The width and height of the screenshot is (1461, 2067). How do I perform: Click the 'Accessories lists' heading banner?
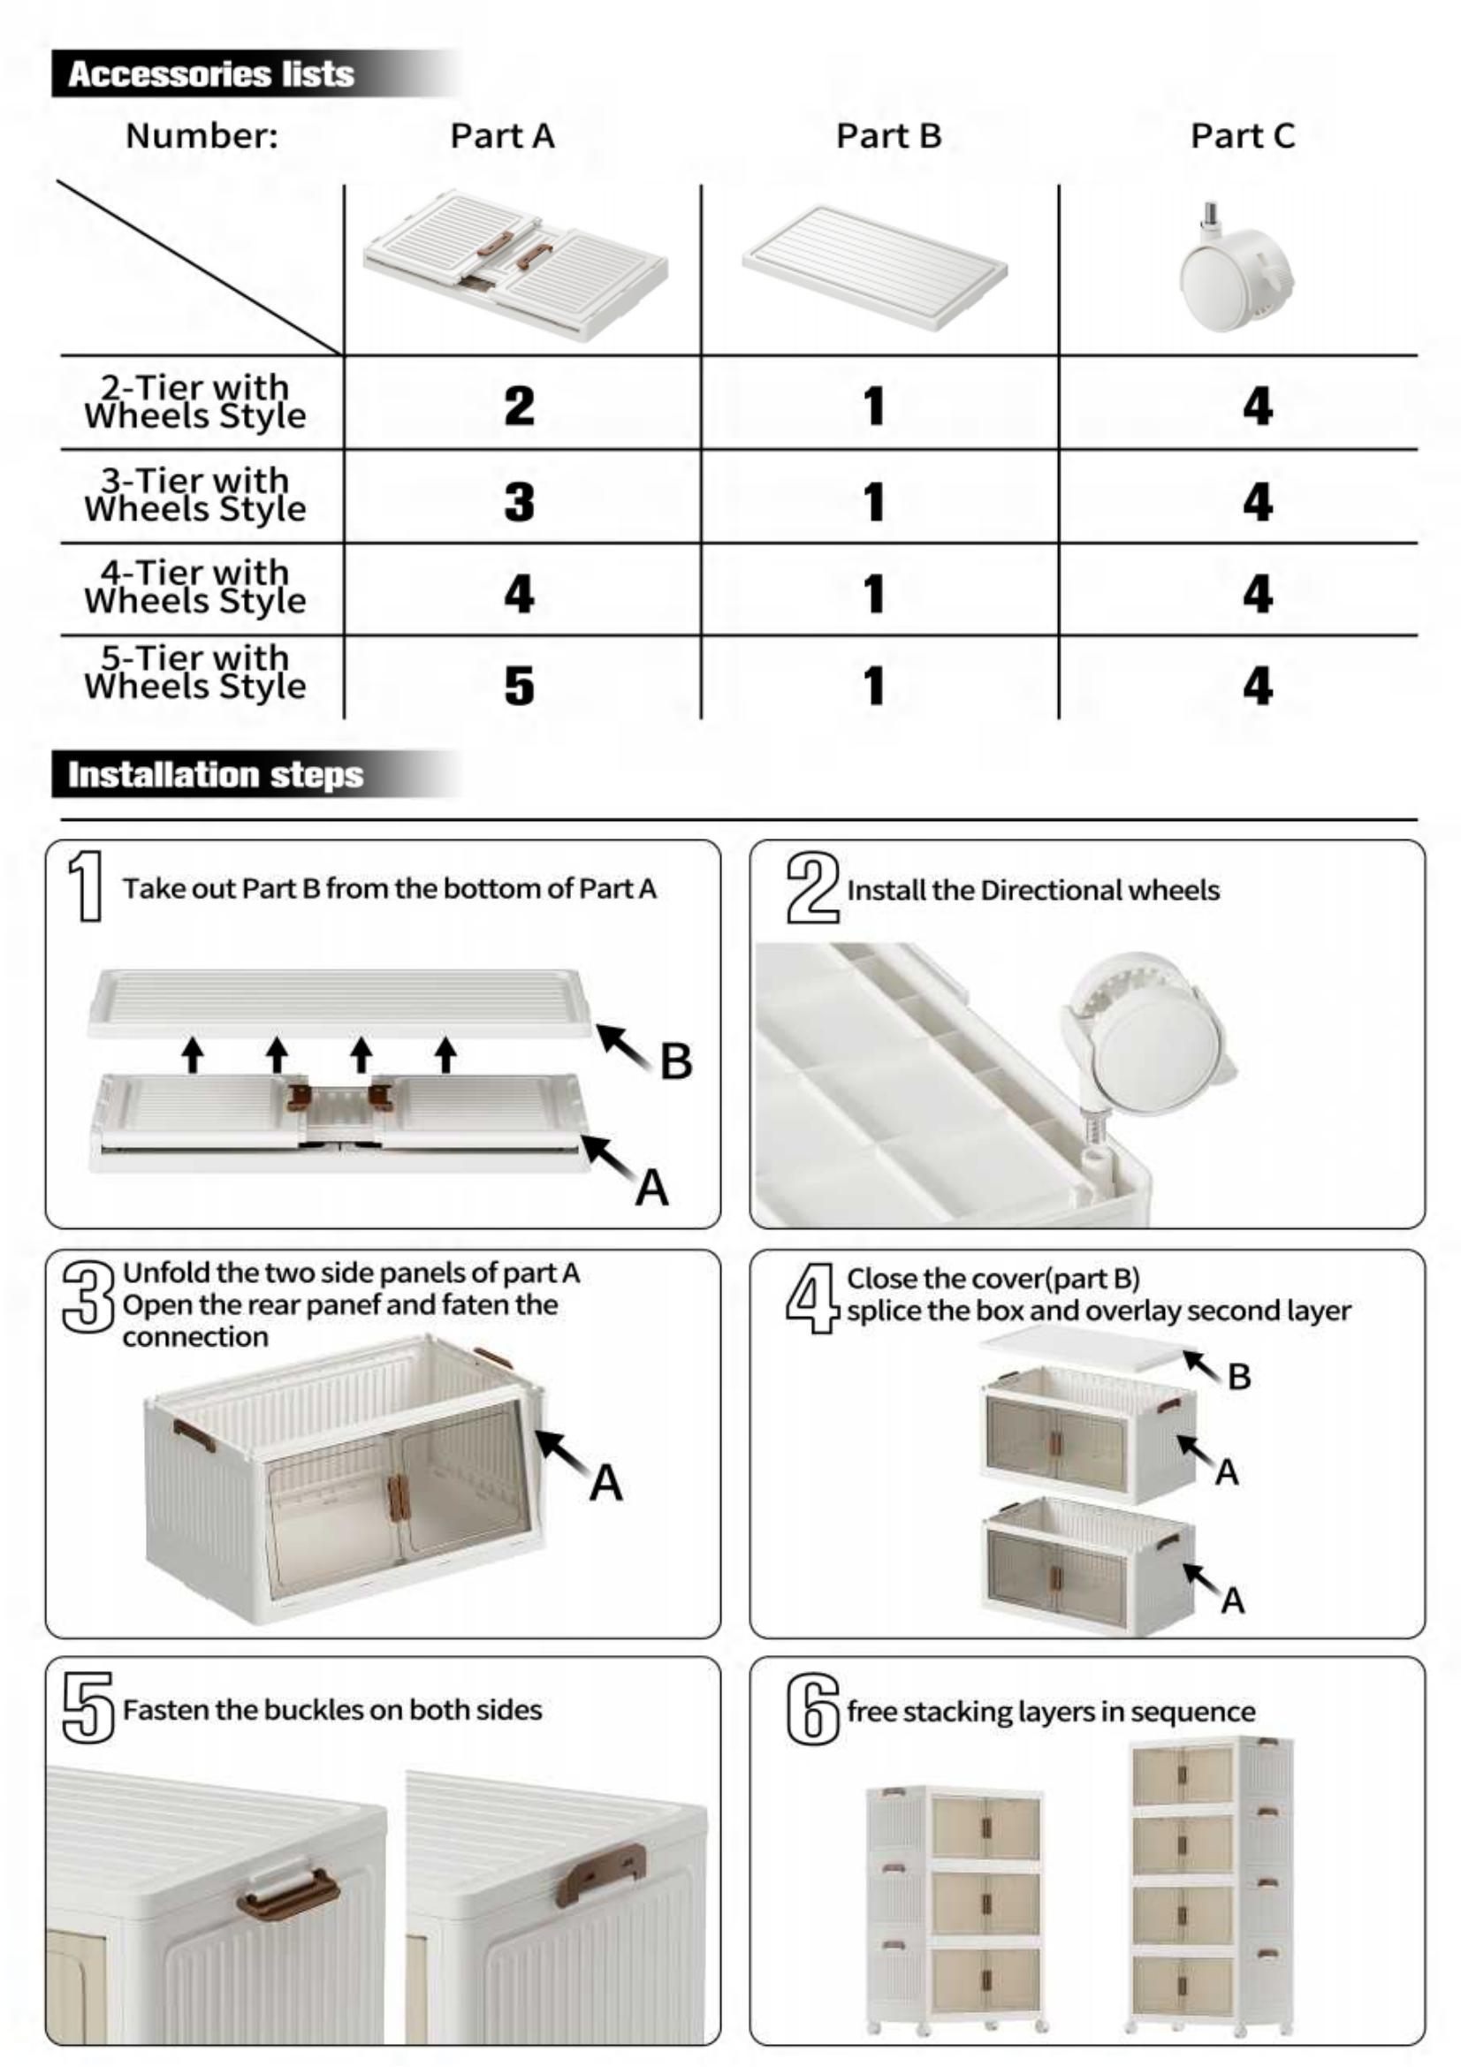pos(210,74)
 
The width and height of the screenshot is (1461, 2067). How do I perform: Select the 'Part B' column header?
pos(887,136)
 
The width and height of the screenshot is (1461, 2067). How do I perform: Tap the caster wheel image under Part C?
pos(1236,270)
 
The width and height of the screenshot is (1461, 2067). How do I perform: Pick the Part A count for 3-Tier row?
pos(520,501)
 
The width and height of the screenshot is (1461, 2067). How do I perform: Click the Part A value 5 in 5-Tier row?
pos(520,686)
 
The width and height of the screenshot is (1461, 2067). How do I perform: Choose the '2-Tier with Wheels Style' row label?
pos(195,401)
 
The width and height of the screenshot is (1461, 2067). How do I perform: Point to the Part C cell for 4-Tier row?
pos(1257,593)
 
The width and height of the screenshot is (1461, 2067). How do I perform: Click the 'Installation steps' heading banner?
pos(215,775)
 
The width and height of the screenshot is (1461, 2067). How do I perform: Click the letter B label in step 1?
pos(676,1061)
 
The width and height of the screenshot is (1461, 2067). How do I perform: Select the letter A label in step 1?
pos(651,1188)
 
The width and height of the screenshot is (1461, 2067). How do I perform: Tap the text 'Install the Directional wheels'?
pos(1032,891)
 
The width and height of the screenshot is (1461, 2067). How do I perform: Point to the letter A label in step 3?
pos(605,1483)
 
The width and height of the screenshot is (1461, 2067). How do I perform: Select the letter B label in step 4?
pos(1238,1377)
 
